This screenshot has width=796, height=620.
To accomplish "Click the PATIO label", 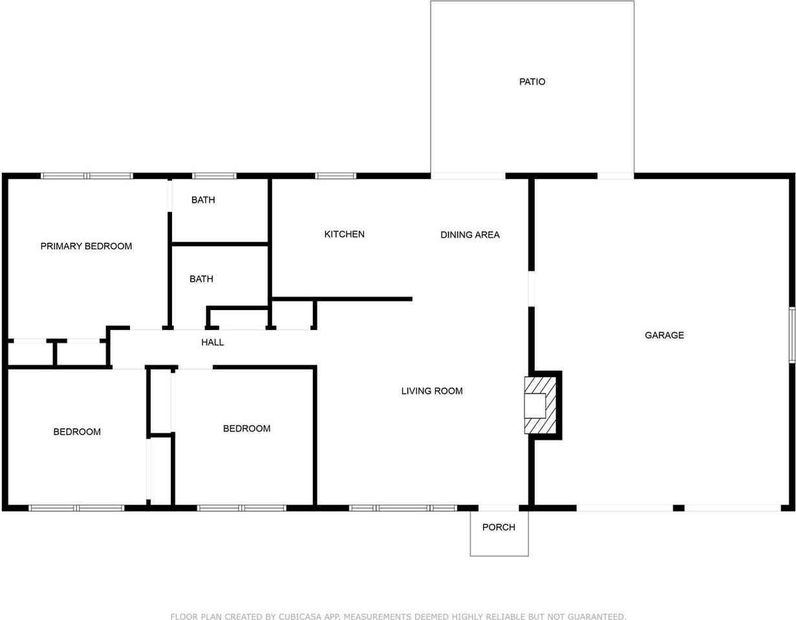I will (x=532, y=82).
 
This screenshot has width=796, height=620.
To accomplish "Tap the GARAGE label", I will (x=664, y=335).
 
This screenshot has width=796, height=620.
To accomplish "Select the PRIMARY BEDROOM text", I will (x=86, y=246).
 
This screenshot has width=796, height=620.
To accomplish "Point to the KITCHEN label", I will (x=344, y=234).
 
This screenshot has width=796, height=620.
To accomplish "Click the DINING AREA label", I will (x=470, y=235).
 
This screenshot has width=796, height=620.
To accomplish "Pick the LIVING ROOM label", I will (x=432, y=391).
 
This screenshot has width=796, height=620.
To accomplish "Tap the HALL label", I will (x=212, y=342).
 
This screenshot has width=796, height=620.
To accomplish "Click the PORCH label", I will (x=499, y=528).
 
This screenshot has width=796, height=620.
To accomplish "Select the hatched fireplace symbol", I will (x=540, y=405).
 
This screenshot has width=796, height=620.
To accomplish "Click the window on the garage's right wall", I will (x=791, y=335).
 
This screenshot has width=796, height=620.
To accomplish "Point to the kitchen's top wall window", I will (x=336, y=176).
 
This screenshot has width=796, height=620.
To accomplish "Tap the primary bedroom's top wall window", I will (x=87, y=176).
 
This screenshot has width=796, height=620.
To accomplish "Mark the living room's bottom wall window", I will (x=403, y=508).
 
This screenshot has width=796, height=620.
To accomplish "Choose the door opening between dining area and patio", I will (x=468, y=176).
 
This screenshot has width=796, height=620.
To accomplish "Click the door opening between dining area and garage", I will (x=532, y=289).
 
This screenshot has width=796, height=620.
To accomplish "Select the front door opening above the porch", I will (x=499, y=508).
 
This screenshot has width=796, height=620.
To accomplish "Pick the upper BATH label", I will (x=203, y=200).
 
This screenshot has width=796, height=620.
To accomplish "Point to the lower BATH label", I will (x=201, y=279).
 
